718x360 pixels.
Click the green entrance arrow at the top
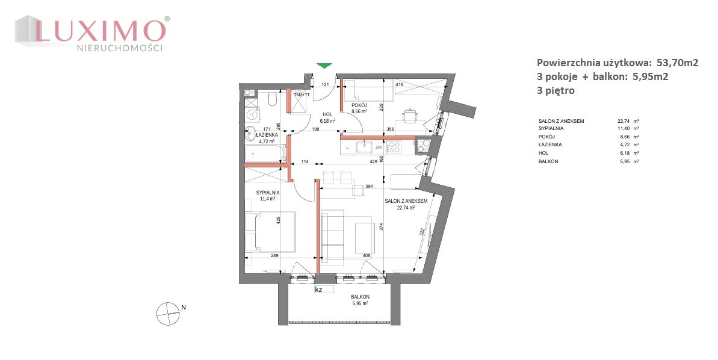[324, 66]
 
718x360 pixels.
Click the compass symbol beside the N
[167, 313]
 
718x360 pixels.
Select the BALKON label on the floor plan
[360, 297]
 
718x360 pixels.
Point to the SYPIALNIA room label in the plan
[268, 193]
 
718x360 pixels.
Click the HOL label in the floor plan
[327, 115]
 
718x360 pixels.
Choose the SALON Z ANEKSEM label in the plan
[406, 201]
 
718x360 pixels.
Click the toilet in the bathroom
[273, 99]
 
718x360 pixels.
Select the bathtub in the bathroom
[265, 152]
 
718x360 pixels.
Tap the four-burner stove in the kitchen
[394, 147]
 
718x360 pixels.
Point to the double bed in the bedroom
[270, 232]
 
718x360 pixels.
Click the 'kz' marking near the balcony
[318, 290]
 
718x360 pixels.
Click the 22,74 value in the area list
[624, 121]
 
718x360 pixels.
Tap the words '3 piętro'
[556, 90]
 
